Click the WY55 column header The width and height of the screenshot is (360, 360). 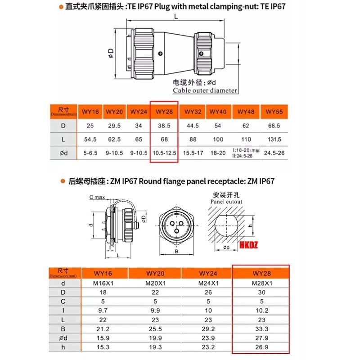tap(274, 111)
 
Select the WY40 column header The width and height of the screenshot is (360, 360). tap(217, 111)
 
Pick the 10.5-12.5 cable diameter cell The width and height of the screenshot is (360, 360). tap(165, 153)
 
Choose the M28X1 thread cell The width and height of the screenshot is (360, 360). tap(261, 283)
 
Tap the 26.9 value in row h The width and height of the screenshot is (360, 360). tap(261, 347)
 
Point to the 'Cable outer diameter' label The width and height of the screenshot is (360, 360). tap(205, 90)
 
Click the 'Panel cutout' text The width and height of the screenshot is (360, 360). tap(226, 202)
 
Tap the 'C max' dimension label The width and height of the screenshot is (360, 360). tap(97, 197)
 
